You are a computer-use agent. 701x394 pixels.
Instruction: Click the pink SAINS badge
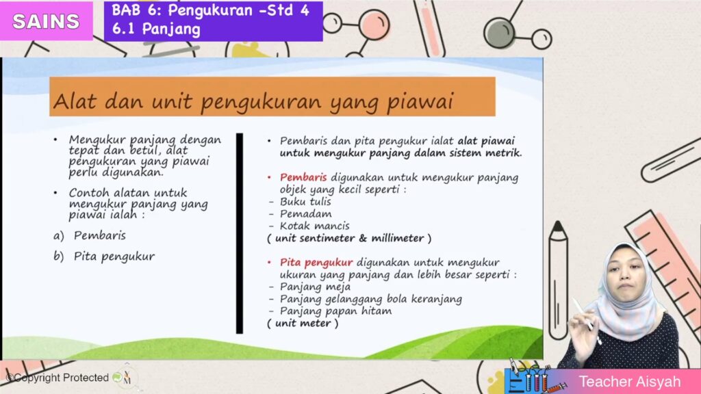point(46,21)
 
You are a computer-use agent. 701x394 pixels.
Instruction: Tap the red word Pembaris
point(303,177)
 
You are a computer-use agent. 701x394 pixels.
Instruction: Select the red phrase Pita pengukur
point(316,262)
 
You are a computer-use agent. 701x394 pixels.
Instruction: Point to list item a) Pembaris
point(90,235)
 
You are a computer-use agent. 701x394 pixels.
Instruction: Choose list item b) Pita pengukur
point(104,257)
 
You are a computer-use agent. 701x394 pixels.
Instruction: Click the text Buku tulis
point(305,202)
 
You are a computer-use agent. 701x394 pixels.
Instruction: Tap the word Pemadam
point(306,214)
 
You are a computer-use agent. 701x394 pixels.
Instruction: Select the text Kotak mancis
point(315,226)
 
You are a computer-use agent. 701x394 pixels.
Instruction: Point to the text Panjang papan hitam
point(335,311)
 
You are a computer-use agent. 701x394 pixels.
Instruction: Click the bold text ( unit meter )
point(303,324)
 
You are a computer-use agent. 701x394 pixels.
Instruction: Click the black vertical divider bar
point(240,233)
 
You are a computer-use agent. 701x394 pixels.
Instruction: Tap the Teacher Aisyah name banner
point(602,382)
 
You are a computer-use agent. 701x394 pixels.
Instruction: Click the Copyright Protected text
point(58,378)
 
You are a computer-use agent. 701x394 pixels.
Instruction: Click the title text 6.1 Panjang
point(156,29)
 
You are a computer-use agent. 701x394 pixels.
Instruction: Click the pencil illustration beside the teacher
point(558,280)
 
